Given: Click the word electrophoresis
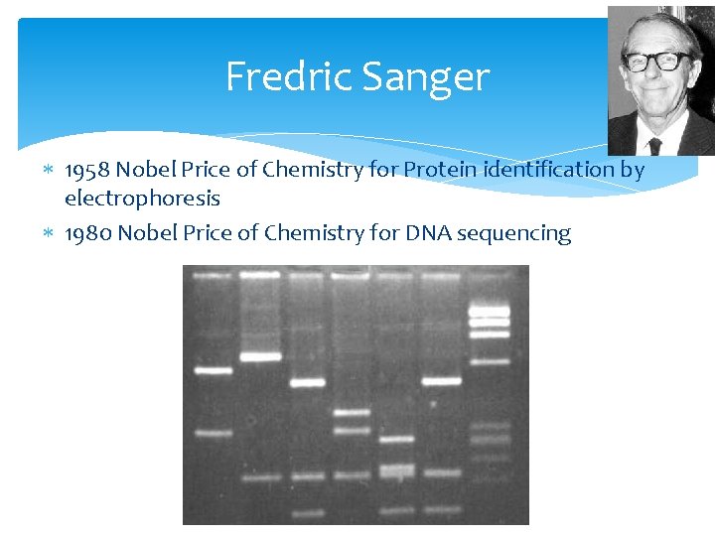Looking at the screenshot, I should (142, 199).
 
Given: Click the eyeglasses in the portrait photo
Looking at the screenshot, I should (657, 62).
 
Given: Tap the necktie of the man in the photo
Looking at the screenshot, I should (654, 145).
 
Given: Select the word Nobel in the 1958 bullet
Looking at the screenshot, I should (147, 170).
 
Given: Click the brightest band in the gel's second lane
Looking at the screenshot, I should (260, 356).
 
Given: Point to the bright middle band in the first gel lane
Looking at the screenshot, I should (213, 370).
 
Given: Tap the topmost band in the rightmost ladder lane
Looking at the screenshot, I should (489, 297).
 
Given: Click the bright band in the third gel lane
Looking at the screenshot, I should (307, 382).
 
